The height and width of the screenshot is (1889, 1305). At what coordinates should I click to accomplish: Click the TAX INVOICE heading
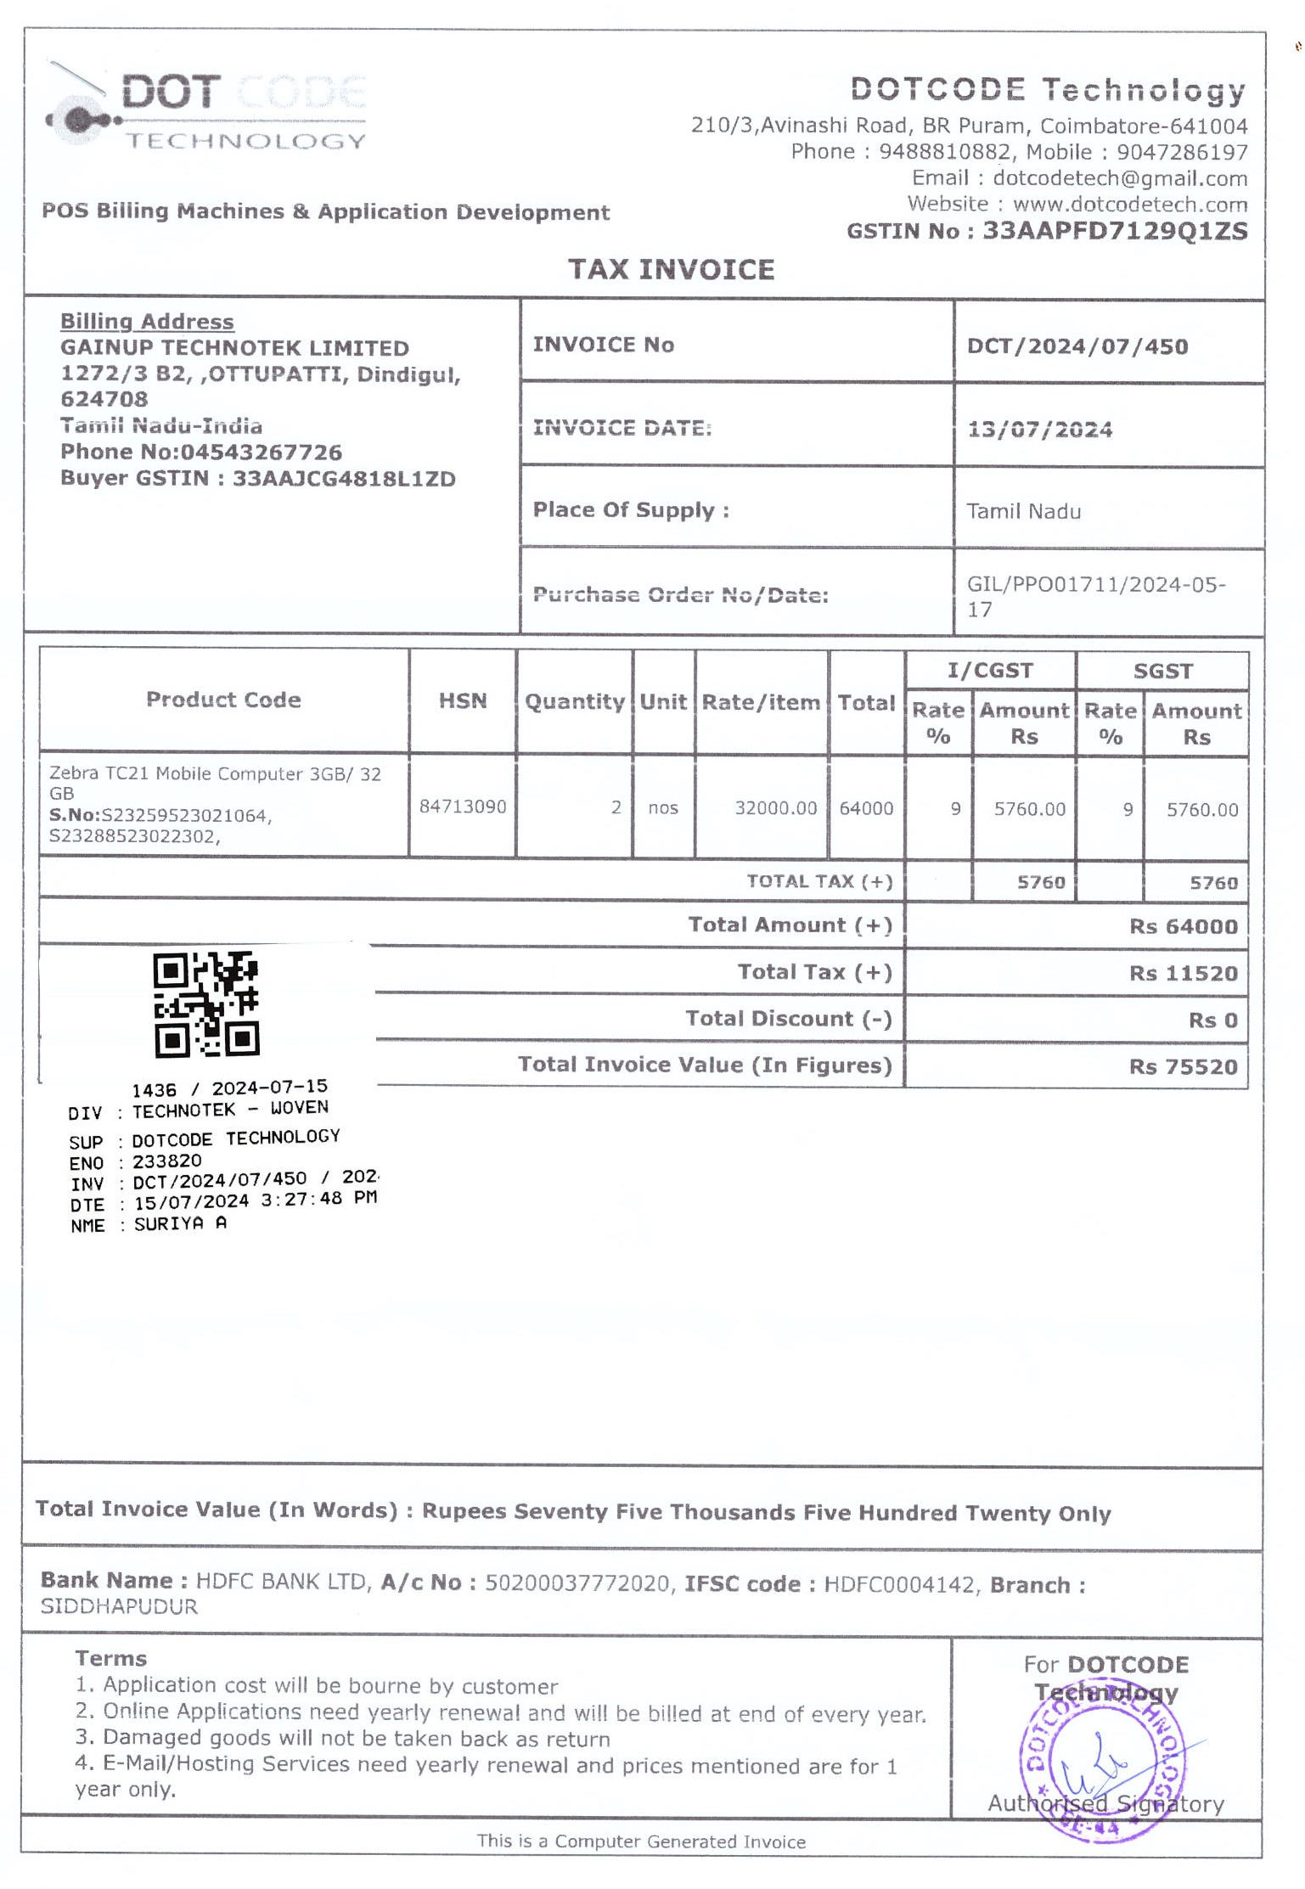(671, 270)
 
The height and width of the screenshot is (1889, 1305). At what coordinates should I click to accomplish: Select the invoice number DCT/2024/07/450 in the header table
(1077, 346)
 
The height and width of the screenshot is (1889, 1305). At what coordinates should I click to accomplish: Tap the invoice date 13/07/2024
(1039, 430)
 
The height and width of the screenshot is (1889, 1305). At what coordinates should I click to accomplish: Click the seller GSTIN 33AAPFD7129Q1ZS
(1115, 232)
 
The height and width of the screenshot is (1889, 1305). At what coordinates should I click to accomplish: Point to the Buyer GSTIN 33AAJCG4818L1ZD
(344, 479)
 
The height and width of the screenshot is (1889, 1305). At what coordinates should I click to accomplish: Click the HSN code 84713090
(463, 807)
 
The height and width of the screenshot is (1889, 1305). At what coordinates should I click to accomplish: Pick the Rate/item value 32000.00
(775, 807)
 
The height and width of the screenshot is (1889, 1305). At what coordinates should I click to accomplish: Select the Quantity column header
(575, 702)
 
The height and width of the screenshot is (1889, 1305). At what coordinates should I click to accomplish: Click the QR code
(206, 1005)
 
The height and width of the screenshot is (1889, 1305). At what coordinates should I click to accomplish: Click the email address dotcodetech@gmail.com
(1120, 178)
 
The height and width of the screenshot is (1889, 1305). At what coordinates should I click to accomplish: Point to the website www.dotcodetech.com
(1129, 205)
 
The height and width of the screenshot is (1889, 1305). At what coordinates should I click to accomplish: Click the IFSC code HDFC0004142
(899, 1585)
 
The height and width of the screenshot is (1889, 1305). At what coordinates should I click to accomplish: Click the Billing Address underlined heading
(147, 322)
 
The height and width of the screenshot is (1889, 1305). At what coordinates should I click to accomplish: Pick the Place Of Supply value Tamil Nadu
(1023, 512)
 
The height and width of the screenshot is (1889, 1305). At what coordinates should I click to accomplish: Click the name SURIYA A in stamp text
(180, 1224)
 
